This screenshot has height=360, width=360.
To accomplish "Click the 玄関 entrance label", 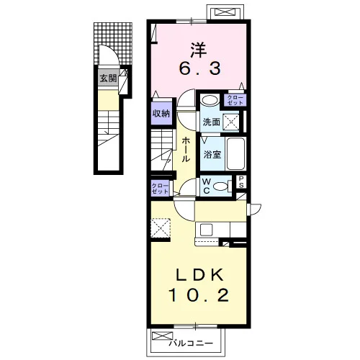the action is tap(108, 78).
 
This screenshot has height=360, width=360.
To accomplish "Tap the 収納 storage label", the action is tap(161, 114).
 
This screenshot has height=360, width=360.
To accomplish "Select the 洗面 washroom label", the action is tap(212, 122).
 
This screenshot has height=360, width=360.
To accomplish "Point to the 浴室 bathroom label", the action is tap(212, 155).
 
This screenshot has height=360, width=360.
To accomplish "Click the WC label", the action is tap(206, 186).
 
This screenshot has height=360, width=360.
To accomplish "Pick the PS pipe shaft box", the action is tap(241, 182).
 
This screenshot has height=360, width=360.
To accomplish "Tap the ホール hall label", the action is tap(186, 150).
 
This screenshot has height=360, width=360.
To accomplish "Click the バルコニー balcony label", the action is tap(191, 343).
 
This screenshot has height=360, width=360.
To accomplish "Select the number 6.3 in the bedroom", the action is tap(199, 68).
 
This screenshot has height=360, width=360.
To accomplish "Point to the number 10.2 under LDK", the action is tap(199, 294).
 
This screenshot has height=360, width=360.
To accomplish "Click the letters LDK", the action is tap(199, 274).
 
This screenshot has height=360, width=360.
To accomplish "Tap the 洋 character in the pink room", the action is tap(199, 50).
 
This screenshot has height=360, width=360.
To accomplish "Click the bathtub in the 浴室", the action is tap(236, 153).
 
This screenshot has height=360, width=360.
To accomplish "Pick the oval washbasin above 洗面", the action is tap(209, 100).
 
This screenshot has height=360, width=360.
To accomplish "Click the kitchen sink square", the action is tap(207, 230).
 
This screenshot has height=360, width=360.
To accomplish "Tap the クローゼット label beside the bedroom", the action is tap(235, 100).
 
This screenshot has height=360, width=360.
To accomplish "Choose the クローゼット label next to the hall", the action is tap(160, 189).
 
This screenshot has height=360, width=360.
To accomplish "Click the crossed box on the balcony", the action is tap(163, 336).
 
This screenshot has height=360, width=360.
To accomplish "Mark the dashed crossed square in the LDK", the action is tap(161, 228).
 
